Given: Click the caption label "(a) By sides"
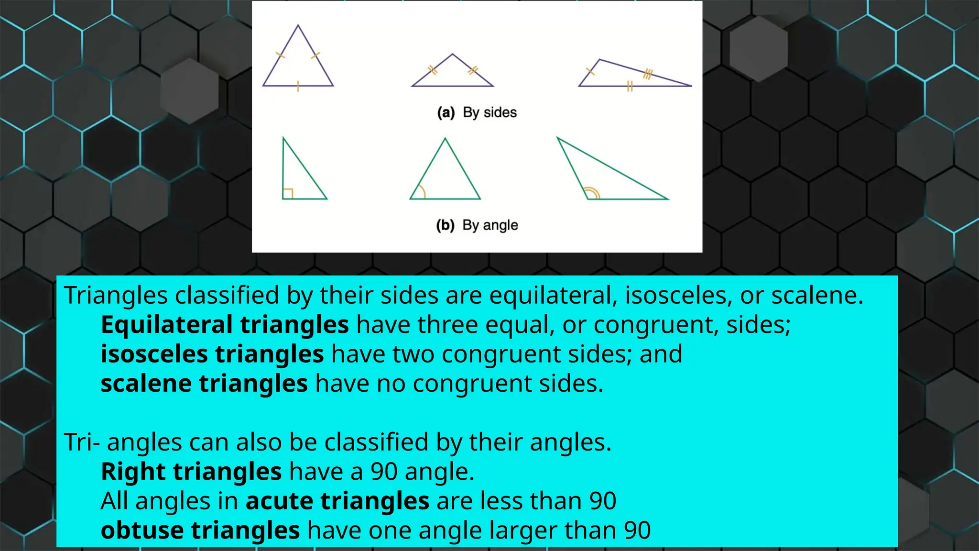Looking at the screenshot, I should [x=477, y=112].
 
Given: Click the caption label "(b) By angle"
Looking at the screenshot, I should [x=477, y=225].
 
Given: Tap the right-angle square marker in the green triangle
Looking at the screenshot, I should [x=288, y=194].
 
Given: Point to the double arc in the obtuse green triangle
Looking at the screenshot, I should [x=592, y=193].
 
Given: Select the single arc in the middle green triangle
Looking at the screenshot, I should [x=420, y=192].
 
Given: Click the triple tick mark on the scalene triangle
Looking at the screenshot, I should [x=648, y=74].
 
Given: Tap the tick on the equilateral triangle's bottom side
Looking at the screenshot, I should [x=298, y=86].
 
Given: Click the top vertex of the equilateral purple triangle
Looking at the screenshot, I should [x=298, y=25].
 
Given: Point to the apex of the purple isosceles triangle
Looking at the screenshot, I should [x=452, y=54].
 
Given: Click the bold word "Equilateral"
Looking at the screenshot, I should [x=166, y=325].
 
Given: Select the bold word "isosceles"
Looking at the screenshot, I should [x=154, y=354].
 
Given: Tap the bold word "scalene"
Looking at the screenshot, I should [x=146, y=384].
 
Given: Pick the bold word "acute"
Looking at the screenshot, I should [x=279, y=501].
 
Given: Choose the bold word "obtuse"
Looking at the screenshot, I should [x=142, y=530].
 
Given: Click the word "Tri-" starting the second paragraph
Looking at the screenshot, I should [x=82, y=442].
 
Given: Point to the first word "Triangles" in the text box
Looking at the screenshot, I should [x=116, y=295].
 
